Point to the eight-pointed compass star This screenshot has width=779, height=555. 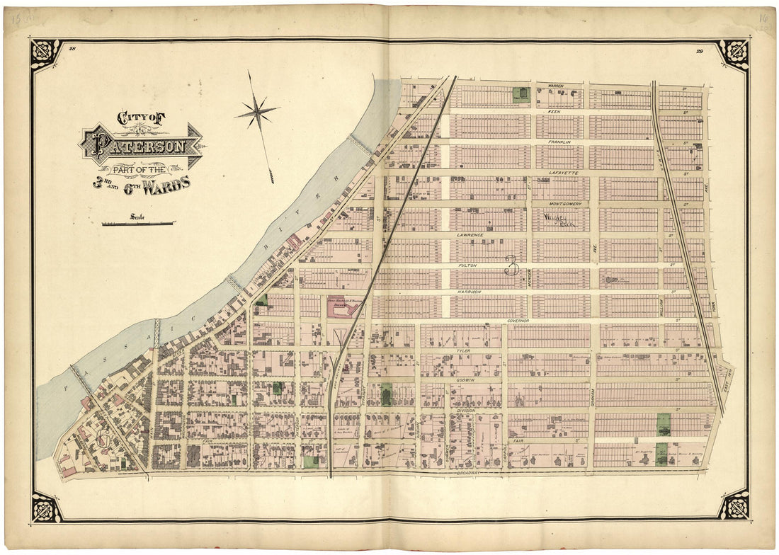click(x=258, y=112)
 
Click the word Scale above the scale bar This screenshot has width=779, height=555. click(x=137, y=217)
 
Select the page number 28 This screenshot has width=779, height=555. click(x=72, y=49)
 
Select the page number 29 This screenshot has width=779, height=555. click(x=699, y=50)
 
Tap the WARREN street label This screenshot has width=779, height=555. click(x=555, y=86)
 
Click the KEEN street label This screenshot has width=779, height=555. click(x=555, y=112)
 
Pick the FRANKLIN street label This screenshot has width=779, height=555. click(x=559, y=142)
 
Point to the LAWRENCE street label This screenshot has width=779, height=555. click(x=470, y=234)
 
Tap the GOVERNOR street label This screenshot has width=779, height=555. click(x=523, y=321)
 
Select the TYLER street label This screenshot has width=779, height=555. click(x=464, y=350)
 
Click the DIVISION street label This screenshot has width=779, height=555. click(x=465, y=410)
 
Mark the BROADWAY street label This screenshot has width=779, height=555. click(x=468, y=472)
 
